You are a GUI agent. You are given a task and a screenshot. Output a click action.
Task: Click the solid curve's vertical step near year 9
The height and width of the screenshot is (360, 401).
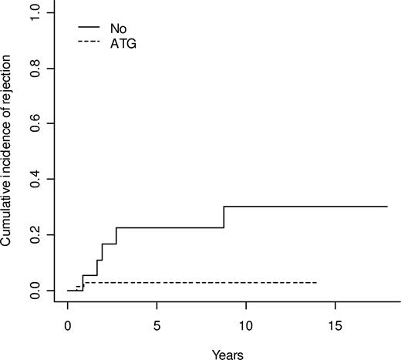point(224,217)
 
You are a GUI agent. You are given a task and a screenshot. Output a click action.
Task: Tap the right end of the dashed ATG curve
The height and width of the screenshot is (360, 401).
point(316,283)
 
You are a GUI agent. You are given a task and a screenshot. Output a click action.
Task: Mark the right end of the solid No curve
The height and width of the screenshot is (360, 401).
point(387,207)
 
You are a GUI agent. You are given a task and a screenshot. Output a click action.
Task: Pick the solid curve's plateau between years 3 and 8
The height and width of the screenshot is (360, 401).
point(170,227)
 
